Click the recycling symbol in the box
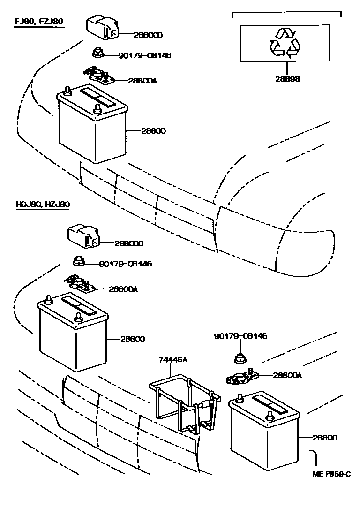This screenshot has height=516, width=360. click(285, 43)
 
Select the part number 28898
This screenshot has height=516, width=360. click(287, 79)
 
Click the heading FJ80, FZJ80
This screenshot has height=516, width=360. click(38, 21)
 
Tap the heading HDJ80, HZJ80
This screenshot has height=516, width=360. click(43, 204)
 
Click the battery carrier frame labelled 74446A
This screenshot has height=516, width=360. click(185, 403)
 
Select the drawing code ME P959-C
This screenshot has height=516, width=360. click(331, 474)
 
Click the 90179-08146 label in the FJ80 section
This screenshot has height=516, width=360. click(144, 55)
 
